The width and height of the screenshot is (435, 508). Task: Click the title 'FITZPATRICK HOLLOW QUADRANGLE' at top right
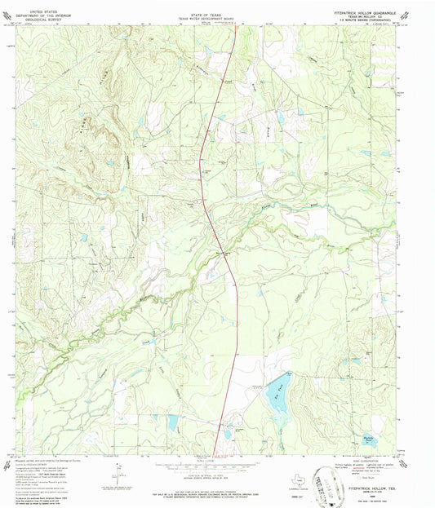coord(365,11)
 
